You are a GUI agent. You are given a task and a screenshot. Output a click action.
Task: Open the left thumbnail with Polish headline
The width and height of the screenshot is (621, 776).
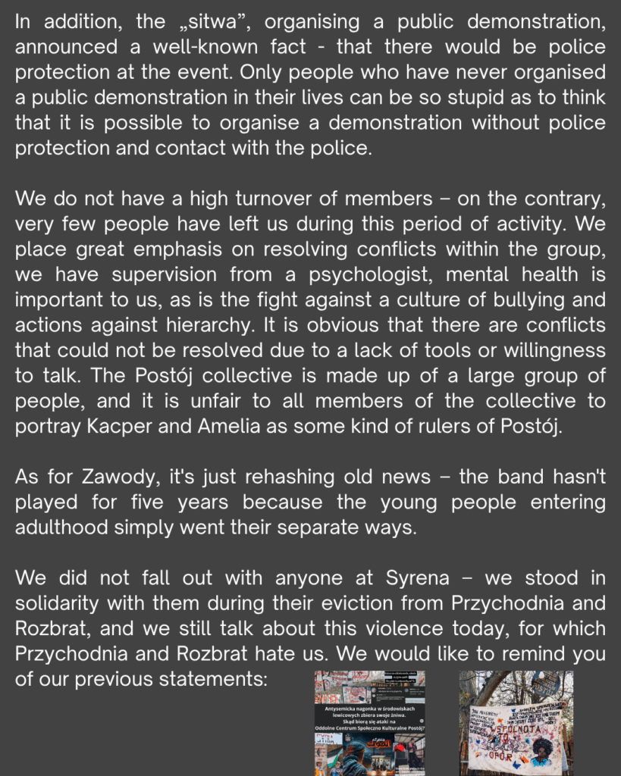(370, 722)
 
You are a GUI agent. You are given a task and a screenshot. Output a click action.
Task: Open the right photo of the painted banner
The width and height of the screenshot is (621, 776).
(516, 722)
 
